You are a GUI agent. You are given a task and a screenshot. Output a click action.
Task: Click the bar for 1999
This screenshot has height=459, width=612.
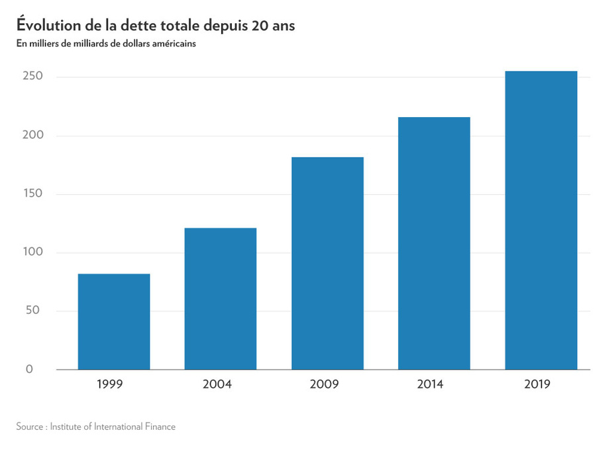pyautogui.click(x=114, y=322)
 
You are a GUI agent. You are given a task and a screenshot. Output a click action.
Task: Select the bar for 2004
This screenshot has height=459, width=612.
pyautogui.click(x=221, y=299)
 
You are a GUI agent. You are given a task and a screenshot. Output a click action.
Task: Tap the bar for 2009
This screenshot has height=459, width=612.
pyautogui.click(x=327, y=264)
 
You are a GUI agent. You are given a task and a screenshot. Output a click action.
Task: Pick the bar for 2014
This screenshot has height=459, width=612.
pyautogui.click(x=434, y=243)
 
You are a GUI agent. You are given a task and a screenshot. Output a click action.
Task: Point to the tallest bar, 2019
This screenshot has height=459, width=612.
pyautogui.click(x=541, y=220)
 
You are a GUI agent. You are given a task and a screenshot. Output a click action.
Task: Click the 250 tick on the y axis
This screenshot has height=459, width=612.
pyautogui.click(x=32, y=76)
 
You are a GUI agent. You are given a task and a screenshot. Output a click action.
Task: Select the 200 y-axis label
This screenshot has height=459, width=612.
pyautogui.click(x=33, y=134)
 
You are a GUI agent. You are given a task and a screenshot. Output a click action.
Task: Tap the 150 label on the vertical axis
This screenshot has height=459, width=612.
pyautogui.click(x=33, y=193)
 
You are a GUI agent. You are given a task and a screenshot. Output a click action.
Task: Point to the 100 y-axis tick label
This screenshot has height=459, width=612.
pyautogui.click(x=33, y=252)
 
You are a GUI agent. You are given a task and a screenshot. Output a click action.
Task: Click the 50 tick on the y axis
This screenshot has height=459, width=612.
pyautogui.click(x=33, y=310)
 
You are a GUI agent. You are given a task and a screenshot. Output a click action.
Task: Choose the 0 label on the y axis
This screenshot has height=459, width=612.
pyautogui.click(x=29, y=369)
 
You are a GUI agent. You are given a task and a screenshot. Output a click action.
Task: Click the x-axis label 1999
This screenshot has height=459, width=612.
pyautogui.click(x=110, y=384)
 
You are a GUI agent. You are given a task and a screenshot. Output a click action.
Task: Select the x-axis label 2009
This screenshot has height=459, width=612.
pyautogui.click(x=324, y=384)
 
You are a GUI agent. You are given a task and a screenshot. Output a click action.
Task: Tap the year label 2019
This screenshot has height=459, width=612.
pyautogui.click(x=537, y=384)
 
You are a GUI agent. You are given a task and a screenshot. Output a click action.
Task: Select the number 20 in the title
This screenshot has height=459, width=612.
pyautogui.click(x=260, y=26)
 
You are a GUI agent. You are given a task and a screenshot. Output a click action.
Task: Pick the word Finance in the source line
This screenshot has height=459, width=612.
pyautogui.click(x=160, y=427)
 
